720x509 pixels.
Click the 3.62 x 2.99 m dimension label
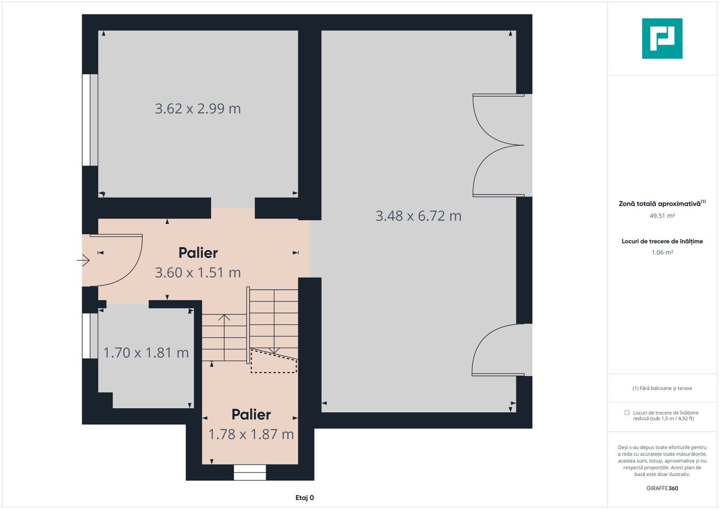pyautogui.click(x=198, y=108)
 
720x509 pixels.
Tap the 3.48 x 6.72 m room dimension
pyautogui.click(x=418, y=216)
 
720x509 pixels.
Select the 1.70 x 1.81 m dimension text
pyautogui.click(x=146, y=353)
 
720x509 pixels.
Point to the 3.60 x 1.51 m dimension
pyautogui.click(x=198, y=273)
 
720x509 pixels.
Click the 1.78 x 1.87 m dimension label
pyautogui.click(x=251, y=435)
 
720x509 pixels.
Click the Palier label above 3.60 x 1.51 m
pyautogui.click(x=198, y=253)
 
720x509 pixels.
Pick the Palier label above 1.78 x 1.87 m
pyautogui.click(x=251, y=415)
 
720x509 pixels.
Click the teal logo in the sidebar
pyautogui.click(x=662, y=39)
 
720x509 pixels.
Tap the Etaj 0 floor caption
pyautogui.click(x=305, y=498)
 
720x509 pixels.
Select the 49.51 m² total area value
pyautogui.click(x=662, y=216)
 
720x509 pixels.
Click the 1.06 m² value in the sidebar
pyautogui.click(x=662, y=253)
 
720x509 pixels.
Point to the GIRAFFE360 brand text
pyautogui.click(x=662, y=488)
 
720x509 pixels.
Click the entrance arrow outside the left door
pyautogui.click(x=83, y=260)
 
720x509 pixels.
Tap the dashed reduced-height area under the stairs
pyautogui.click(x=273, y=361)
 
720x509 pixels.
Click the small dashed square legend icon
pyautogui.click(x=627, y=412)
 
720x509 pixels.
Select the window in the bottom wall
pyautogui.click(x=250, y=472)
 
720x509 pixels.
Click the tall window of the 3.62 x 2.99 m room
pyautogui.click(x=90, y=120)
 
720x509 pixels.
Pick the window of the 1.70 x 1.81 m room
pyautogui.click(x=90, y=336)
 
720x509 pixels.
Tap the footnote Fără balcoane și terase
pyautogui.click(x=662, y=388)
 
